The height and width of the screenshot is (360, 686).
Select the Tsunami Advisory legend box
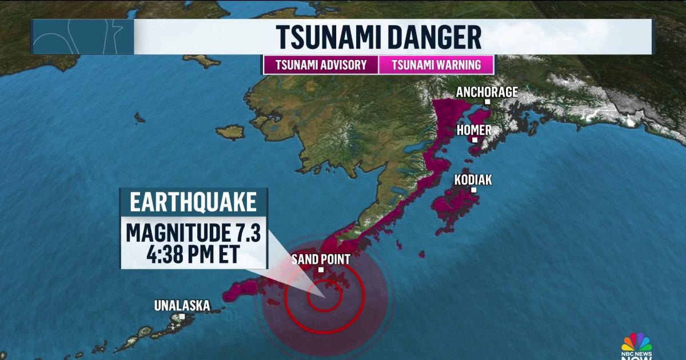[321, 65]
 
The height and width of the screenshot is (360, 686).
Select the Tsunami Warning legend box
[436, 65]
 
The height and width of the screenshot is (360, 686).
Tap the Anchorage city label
[487, 91]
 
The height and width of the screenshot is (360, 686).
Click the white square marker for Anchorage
[488, 102]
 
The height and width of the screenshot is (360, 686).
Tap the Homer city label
[474, 130]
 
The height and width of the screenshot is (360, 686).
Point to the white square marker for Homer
[474, 139]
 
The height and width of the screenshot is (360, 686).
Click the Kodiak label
[473, 180]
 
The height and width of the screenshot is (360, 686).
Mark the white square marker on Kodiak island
[473, 190]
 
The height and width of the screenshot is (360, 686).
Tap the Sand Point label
[320, 259]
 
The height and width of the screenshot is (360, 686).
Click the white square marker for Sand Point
[321, 270]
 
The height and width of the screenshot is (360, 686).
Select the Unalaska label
[182, 306]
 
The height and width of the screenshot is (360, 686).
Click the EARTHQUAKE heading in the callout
[193, 203]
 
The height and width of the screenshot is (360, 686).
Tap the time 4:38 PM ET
[193, 253]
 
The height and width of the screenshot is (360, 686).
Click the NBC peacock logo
[636, 342]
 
